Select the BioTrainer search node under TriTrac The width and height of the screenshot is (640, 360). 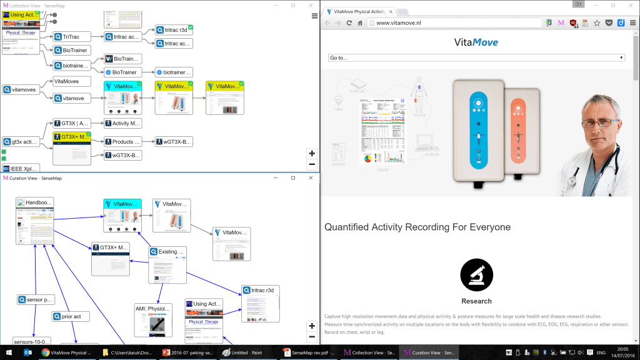pyautogui.click(x=71, y=50)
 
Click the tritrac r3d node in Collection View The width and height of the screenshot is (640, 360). pyautogui.click(x=174, y=29)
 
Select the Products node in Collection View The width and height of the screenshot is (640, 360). pyautogui.click(x=123, y=142)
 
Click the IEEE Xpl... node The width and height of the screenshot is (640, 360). pyautogui.click(x=21, y=169)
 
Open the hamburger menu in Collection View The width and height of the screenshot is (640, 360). pyautogui.click(x=314, y=16)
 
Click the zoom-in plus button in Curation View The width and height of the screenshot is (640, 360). pyautogui.click(x=312, y=326)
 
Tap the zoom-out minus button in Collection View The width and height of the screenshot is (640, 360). pyautogui.click(x=312, y=164)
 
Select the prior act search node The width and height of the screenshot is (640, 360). pyautogui.click(x=71, y=317)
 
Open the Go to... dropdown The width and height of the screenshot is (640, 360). pyautogui.click(x=476, y=57)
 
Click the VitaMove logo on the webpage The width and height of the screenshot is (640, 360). pyautogui.click(x=476, y=42)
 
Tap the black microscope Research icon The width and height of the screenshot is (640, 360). pyautogui.click(x=476, y=274)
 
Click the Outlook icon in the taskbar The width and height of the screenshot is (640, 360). pyautogui.click(x=27, y=353)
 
